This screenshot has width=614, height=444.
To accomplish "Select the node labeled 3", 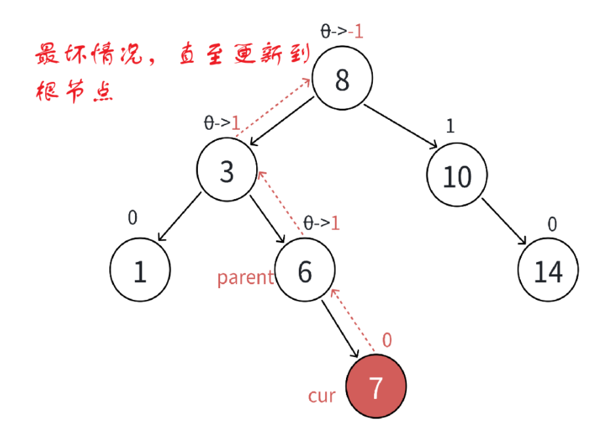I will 227,171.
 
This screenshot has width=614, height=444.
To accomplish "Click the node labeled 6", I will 305,270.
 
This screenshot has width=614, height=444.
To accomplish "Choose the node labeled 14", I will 548,270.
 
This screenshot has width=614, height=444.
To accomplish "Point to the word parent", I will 245,278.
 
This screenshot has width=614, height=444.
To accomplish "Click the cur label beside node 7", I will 322,396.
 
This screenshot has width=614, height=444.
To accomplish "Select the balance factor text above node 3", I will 223,122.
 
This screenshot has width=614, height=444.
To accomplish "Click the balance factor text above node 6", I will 321,223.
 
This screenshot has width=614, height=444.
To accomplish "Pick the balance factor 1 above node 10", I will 450,126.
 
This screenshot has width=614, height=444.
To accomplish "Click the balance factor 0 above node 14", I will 552,225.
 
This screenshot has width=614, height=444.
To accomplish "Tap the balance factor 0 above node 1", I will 132,217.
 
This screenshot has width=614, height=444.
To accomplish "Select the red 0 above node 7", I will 387,341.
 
